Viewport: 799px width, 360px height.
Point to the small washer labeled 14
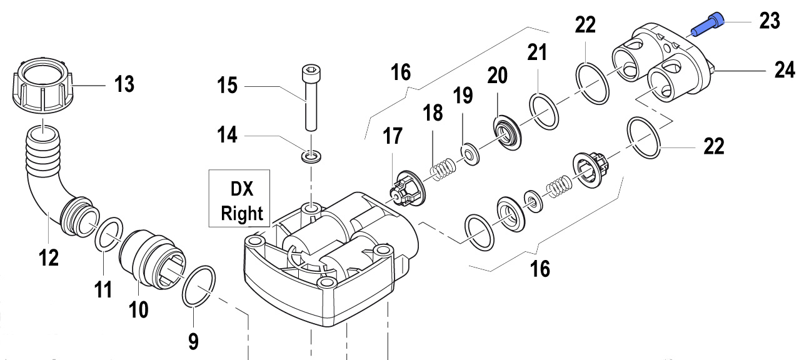click(x=309, y=156)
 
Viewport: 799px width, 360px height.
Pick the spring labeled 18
click(x=442, y=166)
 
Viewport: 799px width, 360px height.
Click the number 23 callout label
click(x=769, y=21)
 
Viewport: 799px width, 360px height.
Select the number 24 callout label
click(x=784, y=69)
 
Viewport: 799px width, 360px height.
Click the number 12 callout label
click(x=49, y=256)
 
